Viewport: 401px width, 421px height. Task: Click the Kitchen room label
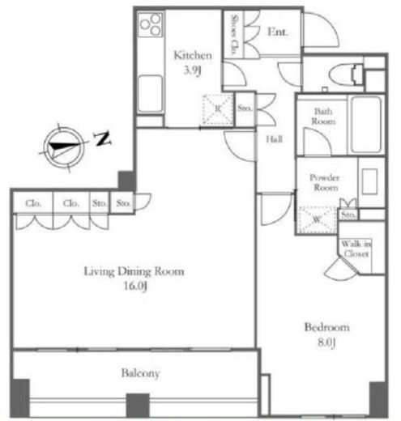193,55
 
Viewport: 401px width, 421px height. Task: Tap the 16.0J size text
135,286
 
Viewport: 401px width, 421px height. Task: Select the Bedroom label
327,327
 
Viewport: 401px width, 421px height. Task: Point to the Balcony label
140,373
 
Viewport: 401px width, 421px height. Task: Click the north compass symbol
64,147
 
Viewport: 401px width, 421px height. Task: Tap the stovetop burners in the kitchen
151,24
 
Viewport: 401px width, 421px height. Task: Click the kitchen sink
150,94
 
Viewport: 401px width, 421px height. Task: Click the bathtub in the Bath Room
366,125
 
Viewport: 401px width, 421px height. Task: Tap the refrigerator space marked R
218,109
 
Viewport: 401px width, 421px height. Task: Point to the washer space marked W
317,219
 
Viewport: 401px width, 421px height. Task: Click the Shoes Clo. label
234,35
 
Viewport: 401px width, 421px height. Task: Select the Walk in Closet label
356,249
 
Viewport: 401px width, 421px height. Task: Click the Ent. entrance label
277,32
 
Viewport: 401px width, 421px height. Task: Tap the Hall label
275,139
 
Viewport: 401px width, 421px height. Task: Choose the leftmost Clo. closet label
33,203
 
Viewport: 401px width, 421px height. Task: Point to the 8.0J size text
326,342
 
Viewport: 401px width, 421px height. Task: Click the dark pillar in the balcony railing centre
138,406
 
